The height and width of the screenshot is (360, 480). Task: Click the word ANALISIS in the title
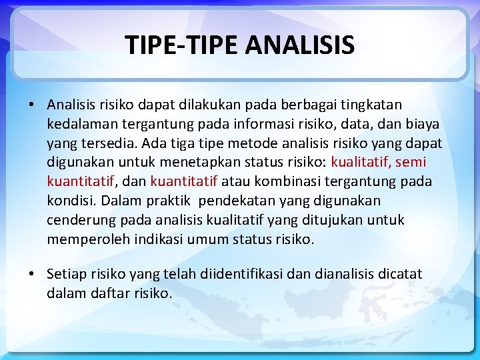300,45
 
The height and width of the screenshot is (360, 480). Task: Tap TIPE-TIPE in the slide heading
183,45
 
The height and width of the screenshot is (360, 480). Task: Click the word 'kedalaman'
79,124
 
